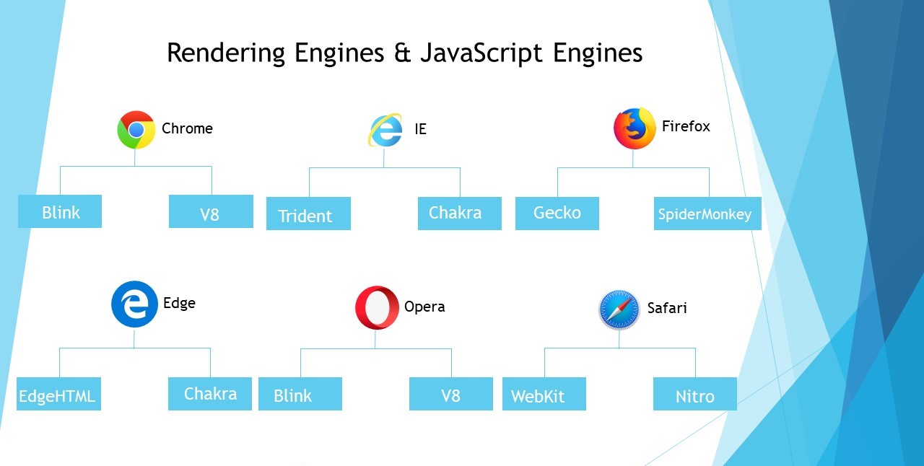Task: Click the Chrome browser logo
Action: pyautogui.click(x=136, y=130)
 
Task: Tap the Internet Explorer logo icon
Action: pyautogui.click(x=385, y=131)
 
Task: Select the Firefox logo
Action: pyautogui.click(x=635, y=128)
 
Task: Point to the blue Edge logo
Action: pyautogui.click(x=134, y=304)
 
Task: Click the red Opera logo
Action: pyautogui.click(x=376, y=308)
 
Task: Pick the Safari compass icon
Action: pyautogui.click(x=619, y=310)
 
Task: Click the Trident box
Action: pyautogui.click(x=308, y=214)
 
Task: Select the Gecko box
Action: pyautogui.click(x=557, y=214)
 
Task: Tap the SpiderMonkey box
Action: pyautogui.click(x=707, y=214)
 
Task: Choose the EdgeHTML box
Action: pyautogui.click(x=58, y=395)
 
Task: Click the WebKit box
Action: pyautogui.click(x=544, y=395)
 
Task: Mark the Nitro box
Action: pyautogui.click(x=694, y=395)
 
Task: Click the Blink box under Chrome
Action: pyautogui.click(x=60, y=212)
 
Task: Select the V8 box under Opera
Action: pyautogui.click(x=450, y=395)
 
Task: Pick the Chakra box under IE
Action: pyautogui.click(x=459, y=214)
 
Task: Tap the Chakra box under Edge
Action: pyautogui.click(x=210, y=394)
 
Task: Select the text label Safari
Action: pyautogui.click(x=666, y=308)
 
